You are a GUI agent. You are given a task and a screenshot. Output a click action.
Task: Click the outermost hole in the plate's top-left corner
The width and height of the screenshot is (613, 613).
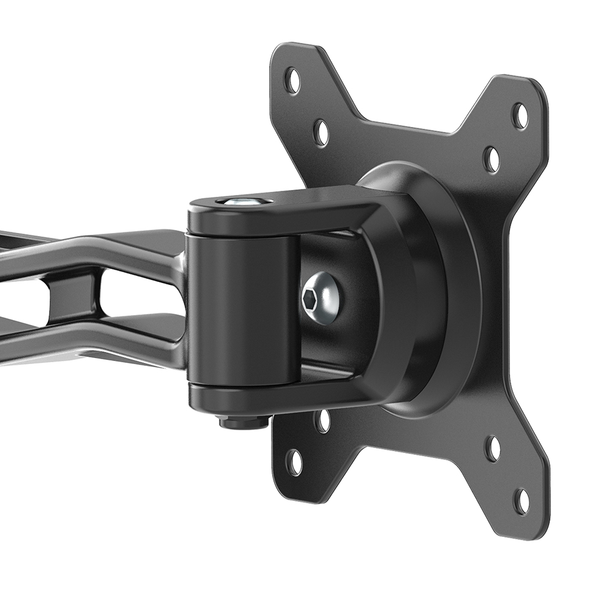pyautogui.click(x=293, y=80)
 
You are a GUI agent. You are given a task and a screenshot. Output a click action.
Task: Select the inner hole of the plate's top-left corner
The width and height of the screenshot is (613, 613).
pyautogui.click(x=321, y=132)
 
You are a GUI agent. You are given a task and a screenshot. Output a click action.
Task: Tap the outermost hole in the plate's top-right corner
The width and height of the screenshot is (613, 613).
pyautogui.click(x=520, y=115)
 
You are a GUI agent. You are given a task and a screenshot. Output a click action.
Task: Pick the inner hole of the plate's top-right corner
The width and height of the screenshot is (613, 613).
pyautogui.click(x=492, y=159)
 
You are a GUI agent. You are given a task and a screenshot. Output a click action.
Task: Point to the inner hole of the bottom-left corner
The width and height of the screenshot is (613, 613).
pyautogui.click(x=322, y=421)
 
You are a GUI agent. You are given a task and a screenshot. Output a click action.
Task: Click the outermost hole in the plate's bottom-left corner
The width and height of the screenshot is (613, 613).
pyautogui.click(x=295, y=462)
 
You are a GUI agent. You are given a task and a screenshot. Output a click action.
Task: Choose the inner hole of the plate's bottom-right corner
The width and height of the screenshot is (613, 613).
pyautogui.click(x=493, y=448)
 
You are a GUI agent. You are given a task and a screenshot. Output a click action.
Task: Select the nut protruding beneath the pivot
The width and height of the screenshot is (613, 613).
pyautogui.click(x=244, y=421)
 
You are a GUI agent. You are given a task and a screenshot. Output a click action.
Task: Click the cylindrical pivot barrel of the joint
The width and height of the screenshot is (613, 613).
pyautogui.click(x=242, y=310)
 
